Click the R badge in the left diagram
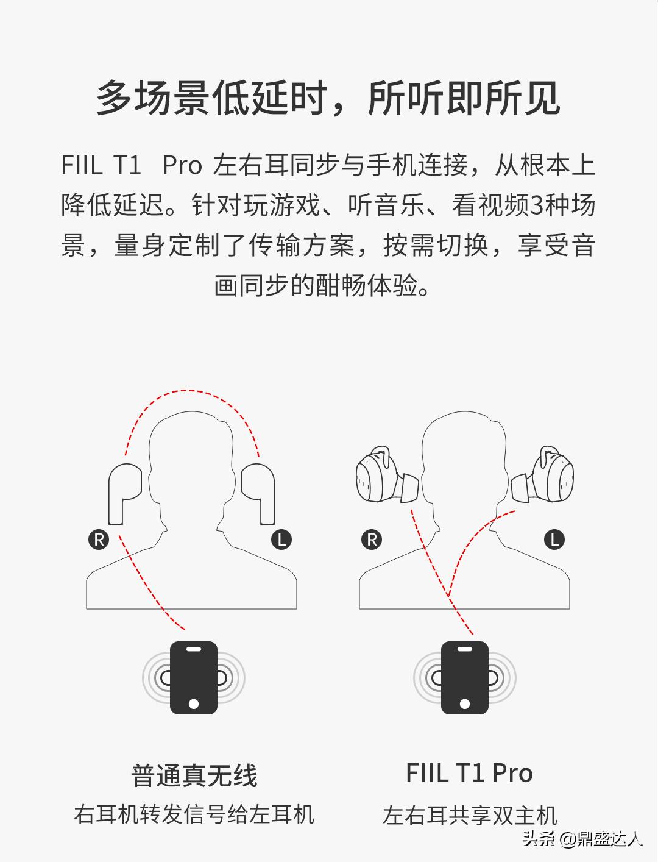(99, 540)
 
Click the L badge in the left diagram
(281, 540)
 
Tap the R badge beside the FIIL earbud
(371, 540)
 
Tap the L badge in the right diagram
(554, 540)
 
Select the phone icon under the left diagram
(194, 677)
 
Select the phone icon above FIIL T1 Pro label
(465, 677)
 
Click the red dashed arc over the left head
(192, 393)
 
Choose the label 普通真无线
(194, 775)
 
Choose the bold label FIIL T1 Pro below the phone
(469, 774)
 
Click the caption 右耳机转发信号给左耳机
(194, 814)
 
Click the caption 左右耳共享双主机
(470, 815)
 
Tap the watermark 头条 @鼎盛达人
(582, 839)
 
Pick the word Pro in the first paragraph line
(182, 166)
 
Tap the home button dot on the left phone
(194, 703)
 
